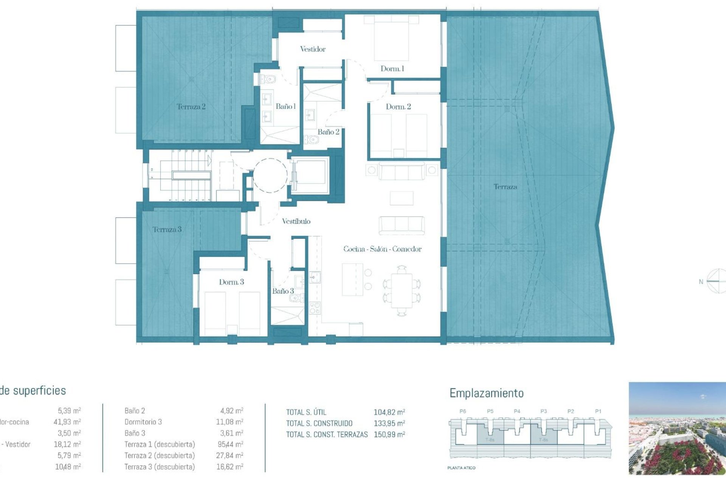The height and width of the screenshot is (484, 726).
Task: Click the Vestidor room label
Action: click(313, 49)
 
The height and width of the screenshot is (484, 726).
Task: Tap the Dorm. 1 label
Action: click(392, 69)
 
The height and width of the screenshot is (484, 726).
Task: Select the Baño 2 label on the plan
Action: click(328, 132)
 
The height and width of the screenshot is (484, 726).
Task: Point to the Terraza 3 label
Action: click(167, 230)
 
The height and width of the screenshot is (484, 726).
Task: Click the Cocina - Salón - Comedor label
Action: click(382, 249)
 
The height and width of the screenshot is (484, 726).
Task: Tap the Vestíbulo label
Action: click(296, 222)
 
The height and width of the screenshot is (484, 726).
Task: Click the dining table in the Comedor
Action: click(402, 290)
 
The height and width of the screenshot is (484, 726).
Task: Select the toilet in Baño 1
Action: click(269, 79)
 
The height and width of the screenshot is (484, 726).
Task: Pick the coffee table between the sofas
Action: click(402, 198)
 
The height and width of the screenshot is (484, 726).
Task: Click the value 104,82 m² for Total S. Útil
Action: click(389, 412)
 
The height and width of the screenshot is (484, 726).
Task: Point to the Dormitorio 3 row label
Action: click(143, 422)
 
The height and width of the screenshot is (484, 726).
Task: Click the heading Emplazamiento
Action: click(486, 393)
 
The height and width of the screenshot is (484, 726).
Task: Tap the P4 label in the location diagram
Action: click(517, 411)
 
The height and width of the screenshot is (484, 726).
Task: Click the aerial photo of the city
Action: click(677, 428)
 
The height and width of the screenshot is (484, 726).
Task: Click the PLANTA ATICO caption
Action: click(461, 468)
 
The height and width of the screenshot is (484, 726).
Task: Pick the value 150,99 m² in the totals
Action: click(389, 435)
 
